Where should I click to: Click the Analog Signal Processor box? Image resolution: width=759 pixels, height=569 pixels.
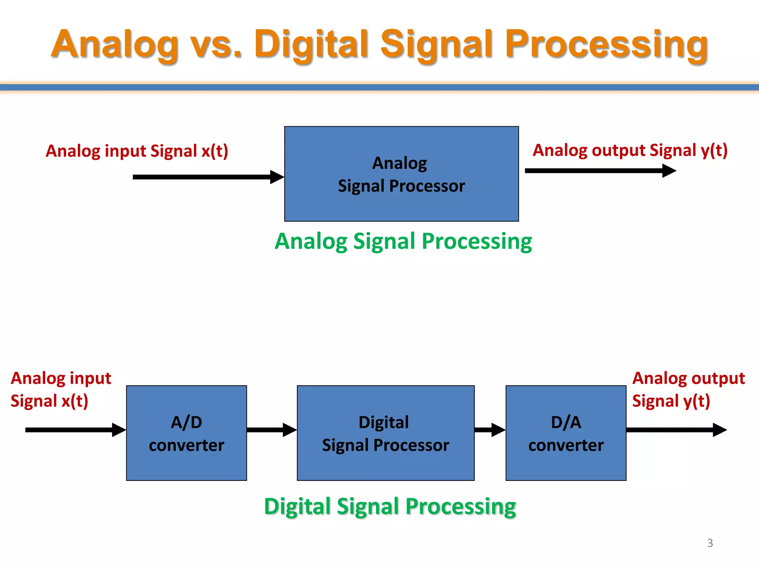[401, 174]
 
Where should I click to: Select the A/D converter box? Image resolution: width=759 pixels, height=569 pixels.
[186, 433]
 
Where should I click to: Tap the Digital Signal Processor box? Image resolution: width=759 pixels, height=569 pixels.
[385, 433]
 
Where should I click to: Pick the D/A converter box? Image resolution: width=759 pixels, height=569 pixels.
[566, 433]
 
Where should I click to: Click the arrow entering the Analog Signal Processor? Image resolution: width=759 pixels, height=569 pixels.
[208, 177]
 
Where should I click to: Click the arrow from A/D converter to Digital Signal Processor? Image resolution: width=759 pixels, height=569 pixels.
[271, 430]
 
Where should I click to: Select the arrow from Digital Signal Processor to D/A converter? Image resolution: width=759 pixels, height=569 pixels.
[490, 430]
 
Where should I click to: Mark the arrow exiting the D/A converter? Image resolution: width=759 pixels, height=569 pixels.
[676, 430]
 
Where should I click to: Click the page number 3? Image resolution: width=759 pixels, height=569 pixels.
[710, 543]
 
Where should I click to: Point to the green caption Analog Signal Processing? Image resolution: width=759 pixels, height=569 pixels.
[403, 242]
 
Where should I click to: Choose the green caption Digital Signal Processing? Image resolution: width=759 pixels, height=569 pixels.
[390, 506]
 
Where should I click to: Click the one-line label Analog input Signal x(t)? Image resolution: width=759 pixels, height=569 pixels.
[137, 151]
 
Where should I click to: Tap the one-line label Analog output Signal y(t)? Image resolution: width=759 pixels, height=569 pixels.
[630, 150]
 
